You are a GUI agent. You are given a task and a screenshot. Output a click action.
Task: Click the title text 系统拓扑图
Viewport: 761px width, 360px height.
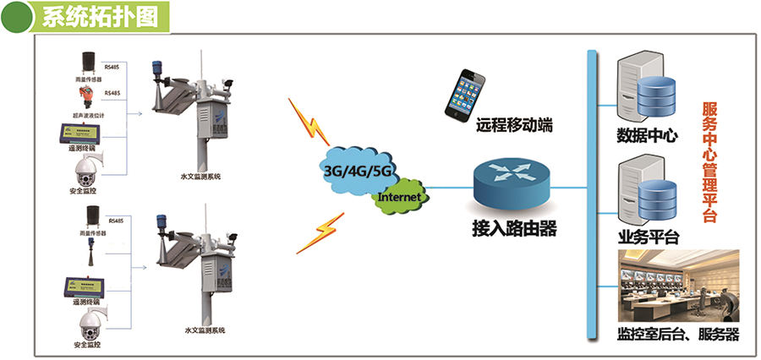point(99,17)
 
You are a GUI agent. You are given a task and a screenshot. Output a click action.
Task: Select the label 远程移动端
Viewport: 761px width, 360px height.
point(514,126)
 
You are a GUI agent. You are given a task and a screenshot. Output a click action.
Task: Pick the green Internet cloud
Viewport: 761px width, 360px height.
point(397,197)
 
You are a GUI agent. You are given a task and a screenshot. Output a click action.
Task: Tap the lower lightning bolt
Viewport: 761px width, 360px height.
point(320,232)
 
